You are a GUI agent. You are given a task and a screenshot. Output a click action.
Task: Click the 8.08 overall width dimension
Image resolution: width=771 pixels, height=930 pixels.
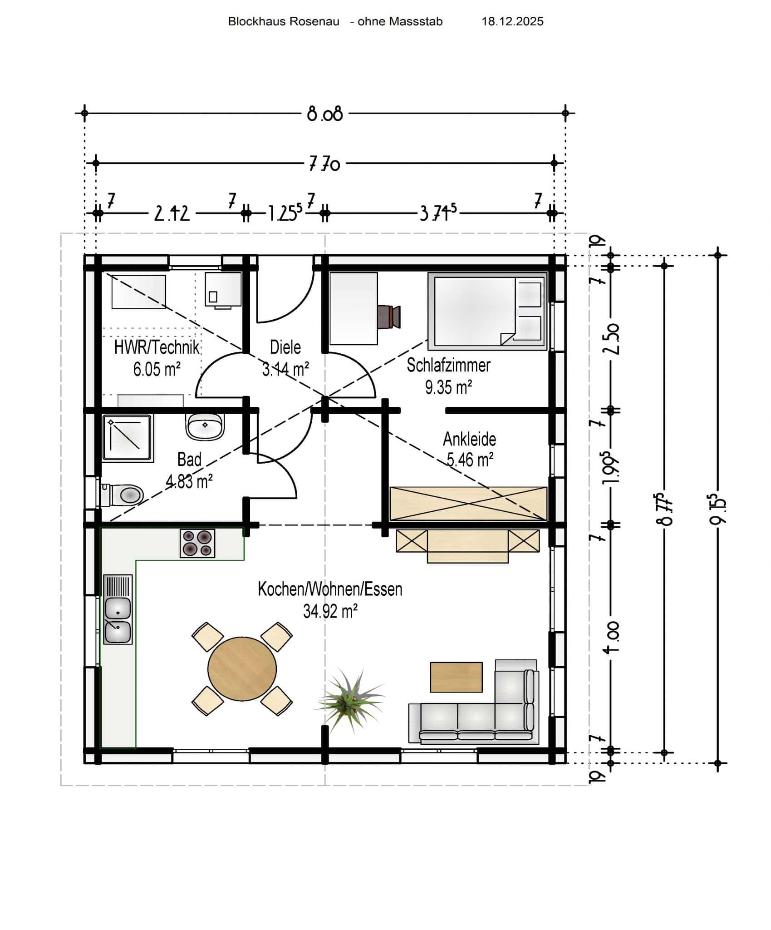[324, 114]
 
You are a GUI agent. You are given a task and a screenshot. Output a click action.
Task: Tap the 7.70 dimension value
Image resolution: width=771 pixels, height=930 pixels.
[324, 163]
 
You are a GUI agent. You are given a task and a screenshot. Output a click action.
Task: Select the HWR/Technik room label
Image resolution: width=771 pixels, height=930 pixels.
[157, 348]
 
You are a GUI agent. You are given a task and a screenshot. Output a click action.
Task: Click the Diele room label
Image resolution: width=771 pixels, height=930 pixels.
[285, 347]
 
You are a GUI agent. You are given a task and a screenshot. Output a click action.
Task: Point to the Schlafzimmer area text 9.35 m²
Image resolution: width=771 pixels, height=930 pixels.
[448, 387]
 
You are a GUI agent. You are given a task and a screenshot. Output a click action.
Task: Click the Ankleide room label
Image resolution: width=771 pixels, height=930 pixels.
[469, 439]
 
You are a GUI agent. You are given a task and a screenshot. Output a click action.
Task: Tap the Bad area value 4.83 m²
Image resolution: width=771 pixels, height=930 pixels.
[189, 481]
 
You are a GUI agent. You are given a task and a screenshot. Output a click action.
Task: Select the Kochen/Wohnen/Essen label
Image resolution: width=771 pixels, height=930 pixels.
[330, 589]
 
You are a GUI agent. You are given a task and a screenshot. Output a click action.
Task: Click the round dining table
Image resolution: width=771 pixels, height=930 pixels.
[242, 669]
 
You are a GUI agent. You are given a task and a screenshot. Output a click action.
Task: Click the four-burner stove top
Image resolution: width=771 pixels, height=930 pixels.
[197, 543]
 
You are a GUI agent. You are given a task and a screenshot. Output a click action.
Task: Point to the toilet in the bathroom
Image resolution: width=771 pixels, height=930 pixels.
[122, 495]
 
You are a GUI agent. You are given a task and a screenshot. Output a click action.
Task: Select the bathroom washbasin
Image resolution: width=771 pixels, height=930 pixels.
[205, 426]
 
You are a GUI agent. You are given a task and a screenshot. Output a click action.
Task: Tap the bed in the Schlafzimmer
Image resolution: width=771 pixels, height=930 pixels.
[487, 312]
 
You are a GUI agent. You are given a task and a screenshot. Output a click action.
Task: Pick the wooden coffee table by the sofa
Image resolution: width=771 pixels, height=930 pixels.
[456, 677]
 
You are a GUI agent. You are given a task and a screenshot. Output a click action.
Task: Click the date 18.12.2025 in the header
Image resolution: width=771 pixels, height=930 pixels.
[512, 21]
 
